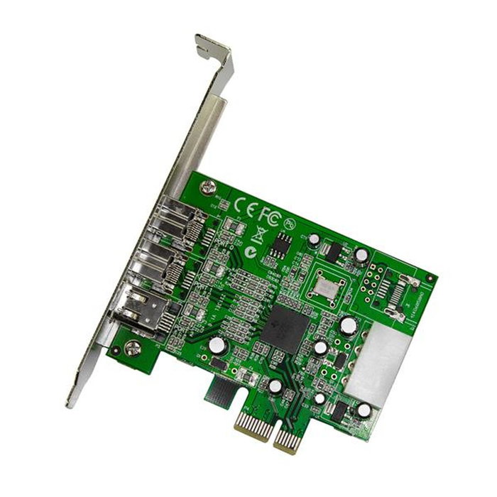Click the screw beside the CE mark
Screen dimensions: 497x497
click(x=207, y=189)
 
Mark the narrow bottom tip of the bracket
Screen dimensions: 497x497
click(x=70, y=400)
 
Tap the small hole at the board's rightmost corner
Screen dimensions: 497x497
click(x=429, y=278)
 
